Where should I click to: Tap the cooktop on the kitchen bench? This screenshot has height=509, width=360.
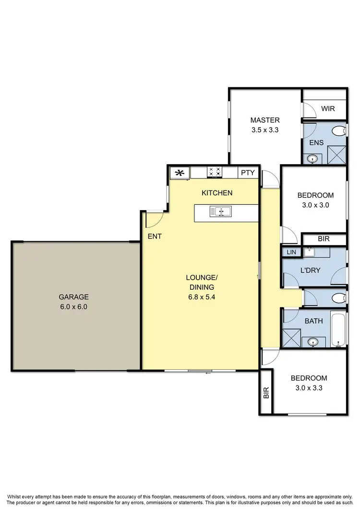tap(214, 172)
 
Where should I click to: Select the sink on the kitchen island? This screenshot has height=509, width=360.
tap(220, 211)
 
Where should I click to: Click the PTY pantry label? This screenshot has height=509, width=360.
tap(248, 173)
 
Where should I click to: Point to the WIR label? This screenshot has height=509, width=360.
tap(328, 109)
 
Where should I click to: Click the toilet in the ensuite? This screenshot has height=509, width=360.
tap(339, 131)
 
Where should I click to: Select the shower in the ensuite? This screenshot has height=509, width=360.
tap(336, 154)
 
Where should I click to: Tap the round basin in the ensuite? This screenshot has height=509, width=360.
tap(312, 158)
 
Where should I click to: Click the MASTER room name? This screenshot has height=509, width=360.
tap(265, 120)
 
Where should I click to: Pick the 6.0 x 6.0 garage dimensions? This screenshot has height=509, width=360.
tap(73, 307)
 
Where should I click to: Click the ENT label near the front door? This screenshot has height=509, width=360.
tap(155, 236)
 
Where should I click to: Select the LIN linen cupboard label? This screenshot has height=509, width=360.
tap(291, 252)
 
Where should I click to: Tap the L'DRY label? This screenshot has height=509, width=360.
tap(310, 270)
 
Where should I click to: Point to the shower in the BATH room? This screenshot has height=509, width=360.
tap(291, 338)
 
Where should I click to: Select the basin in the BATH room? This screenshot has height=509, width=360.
tap(313, 342)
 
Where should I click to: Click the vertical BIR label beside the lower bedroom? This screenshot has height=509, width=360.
tap(266, 393)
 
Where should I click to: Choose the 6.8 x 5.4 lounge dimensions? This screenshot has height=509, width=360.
tap(202, 296)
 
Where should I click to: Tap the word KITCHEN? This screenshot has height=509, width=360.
tap(217, 193)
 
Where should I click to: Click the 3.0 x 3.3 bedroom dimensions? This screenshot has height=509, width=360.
tap(309, 388)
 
